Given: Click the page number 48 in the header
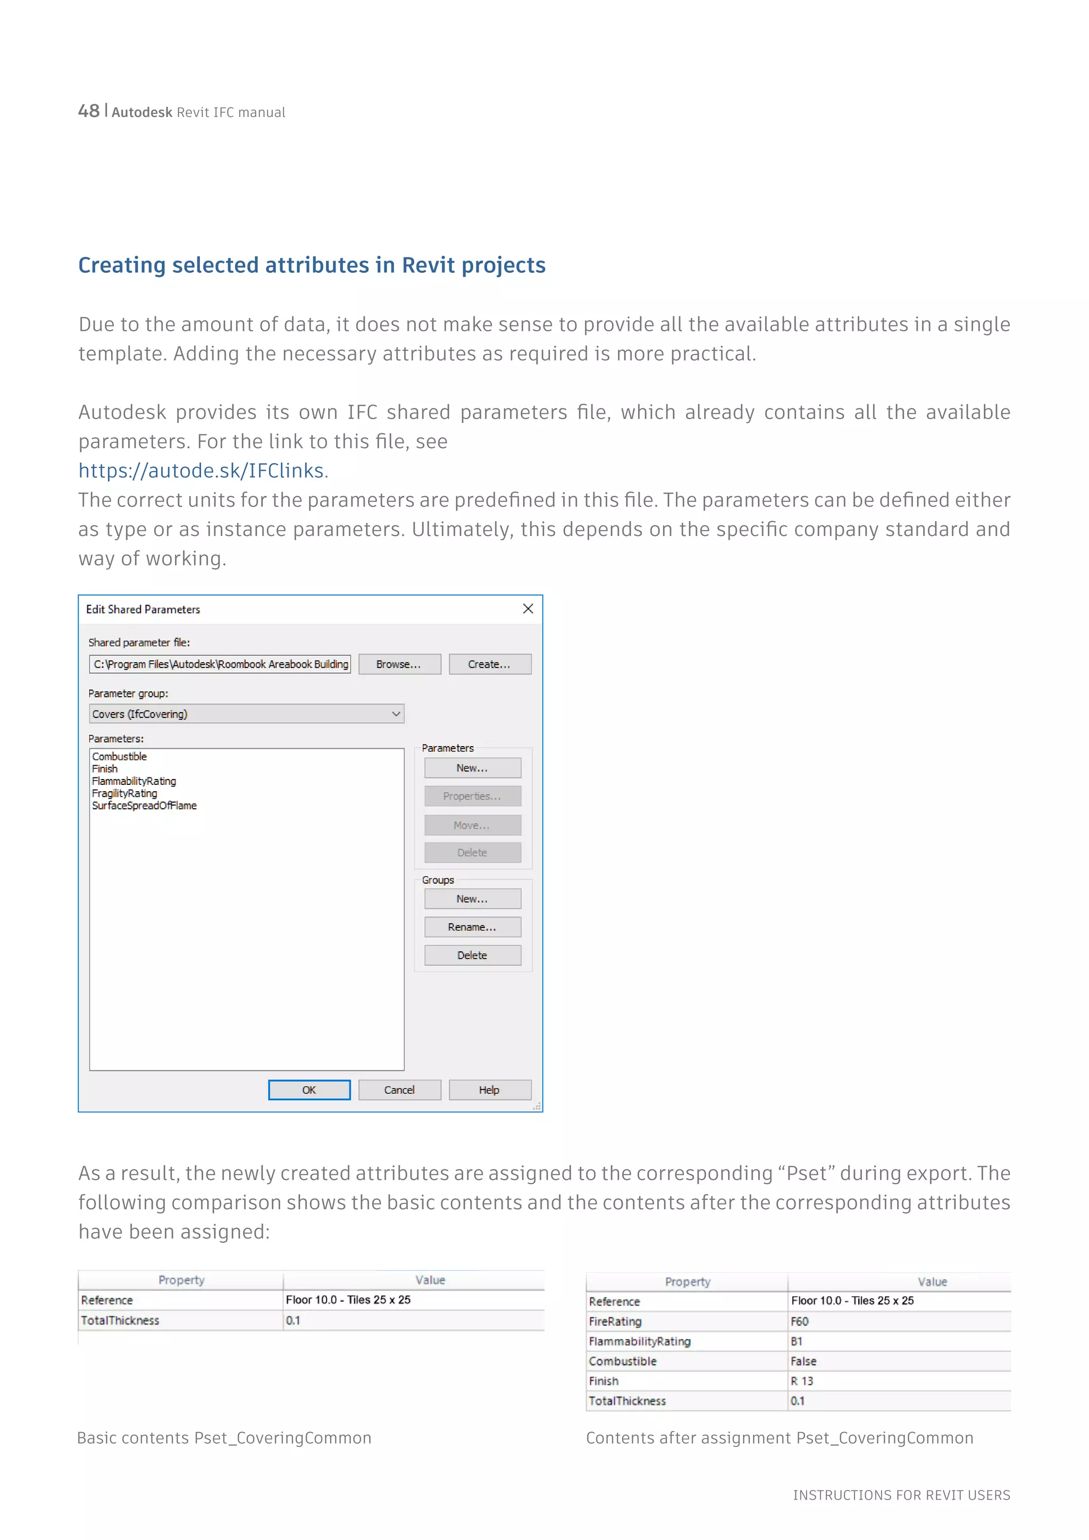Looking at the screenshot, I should click(88, 111).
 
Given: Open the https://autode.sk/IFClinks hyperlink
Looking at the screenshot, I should click(201, 471).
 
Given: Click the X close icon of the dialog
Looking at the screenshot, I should click(527, 608).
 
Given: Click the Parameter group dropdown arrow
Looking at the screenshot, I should click(396, 714).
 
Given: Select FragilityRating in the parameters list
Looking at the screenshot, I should click(125, 793).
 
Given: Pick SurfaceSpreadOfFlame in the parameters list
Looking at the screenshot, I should click(144, 806).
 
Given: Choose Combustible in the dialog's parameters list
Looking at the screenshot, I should click(119, 757).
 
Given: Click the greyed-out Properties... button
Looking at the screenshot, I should click(472, 796).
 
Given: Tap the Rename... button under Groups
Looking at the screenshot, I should click(472, 927).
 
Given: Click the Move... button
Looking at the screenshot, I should click(472, 825).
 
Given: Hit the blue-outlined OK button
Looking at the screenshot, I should click(309, 1090).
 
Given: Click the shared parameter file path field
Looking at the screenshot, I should click(220, 664).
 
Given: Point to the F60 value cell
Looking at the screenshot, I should click(800, 1321).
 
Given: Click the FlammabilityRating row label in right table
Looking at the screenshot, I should click(640, 1342).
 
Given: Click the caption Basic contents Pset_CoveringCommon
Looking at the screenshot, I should click(224, 1438).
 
